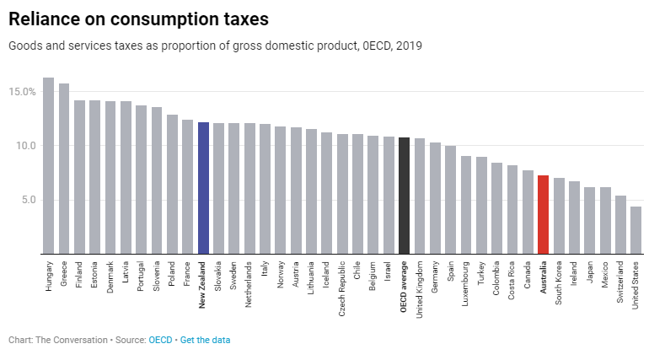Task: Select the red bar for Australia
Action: (543, 214)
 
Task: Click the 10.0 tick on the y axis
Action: (25, 146)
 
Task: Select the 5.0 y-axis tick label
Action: (28, 200)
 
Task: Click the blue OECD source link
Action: (160, 340)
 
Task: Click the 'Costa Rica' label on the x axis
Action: (512, 281)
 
